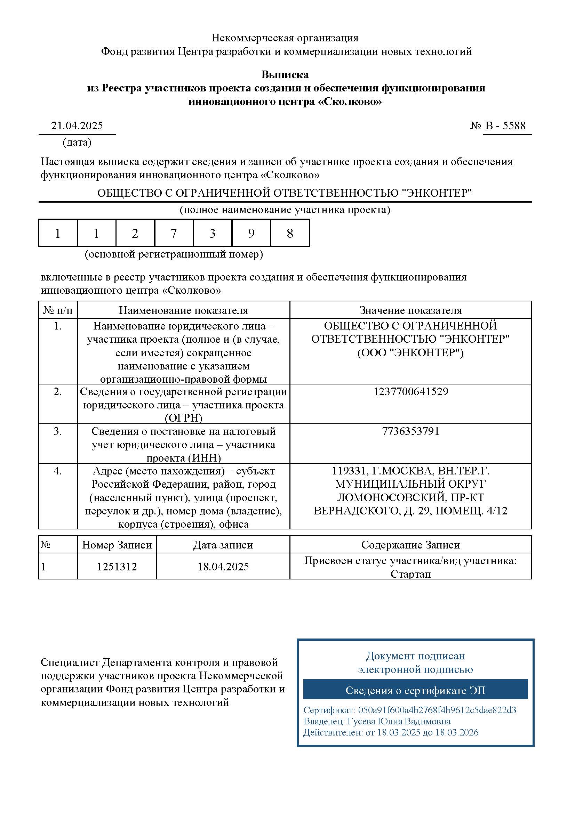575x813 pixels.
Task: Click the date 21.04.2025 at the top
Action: pos(77,126)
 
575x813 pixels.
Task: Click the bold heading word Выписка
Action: pos(285,75)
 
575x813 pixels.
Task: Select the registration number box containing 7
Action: pos(174,233)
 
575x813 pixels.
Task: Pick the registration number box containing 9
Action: pos(251,233)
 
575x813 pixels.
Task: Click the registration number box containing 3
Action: pos(213,233)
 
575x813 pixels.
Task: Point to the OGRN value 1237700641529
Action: pos(410,392)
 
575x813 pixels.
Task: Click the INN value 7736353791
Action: pos(410,431)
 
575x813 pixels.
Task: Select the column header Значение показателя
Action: pos(410,310)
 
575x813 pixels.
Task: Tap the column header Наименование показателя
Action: pos(184,310)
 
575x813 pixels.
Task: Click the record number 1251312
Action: pos(117,567)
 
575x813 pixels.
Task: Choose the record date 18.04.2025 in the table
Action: pos(223,567)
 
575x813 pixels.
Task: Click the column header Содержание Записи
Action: pos(410,545)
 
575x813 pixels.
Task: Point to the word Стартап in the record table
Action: pos(410,574)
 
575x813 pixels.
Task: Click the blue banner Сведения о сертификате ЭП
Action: pos(415,690)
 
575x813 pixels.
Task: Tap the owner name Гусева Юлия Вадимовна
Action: pos(399,721)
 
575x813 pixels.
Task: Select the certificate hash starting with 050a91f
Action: pos(437,710)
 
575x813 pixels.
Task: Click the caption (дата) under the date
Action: pos(77,143)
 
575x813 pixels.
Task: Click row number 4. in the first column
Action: pos(58,471)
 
